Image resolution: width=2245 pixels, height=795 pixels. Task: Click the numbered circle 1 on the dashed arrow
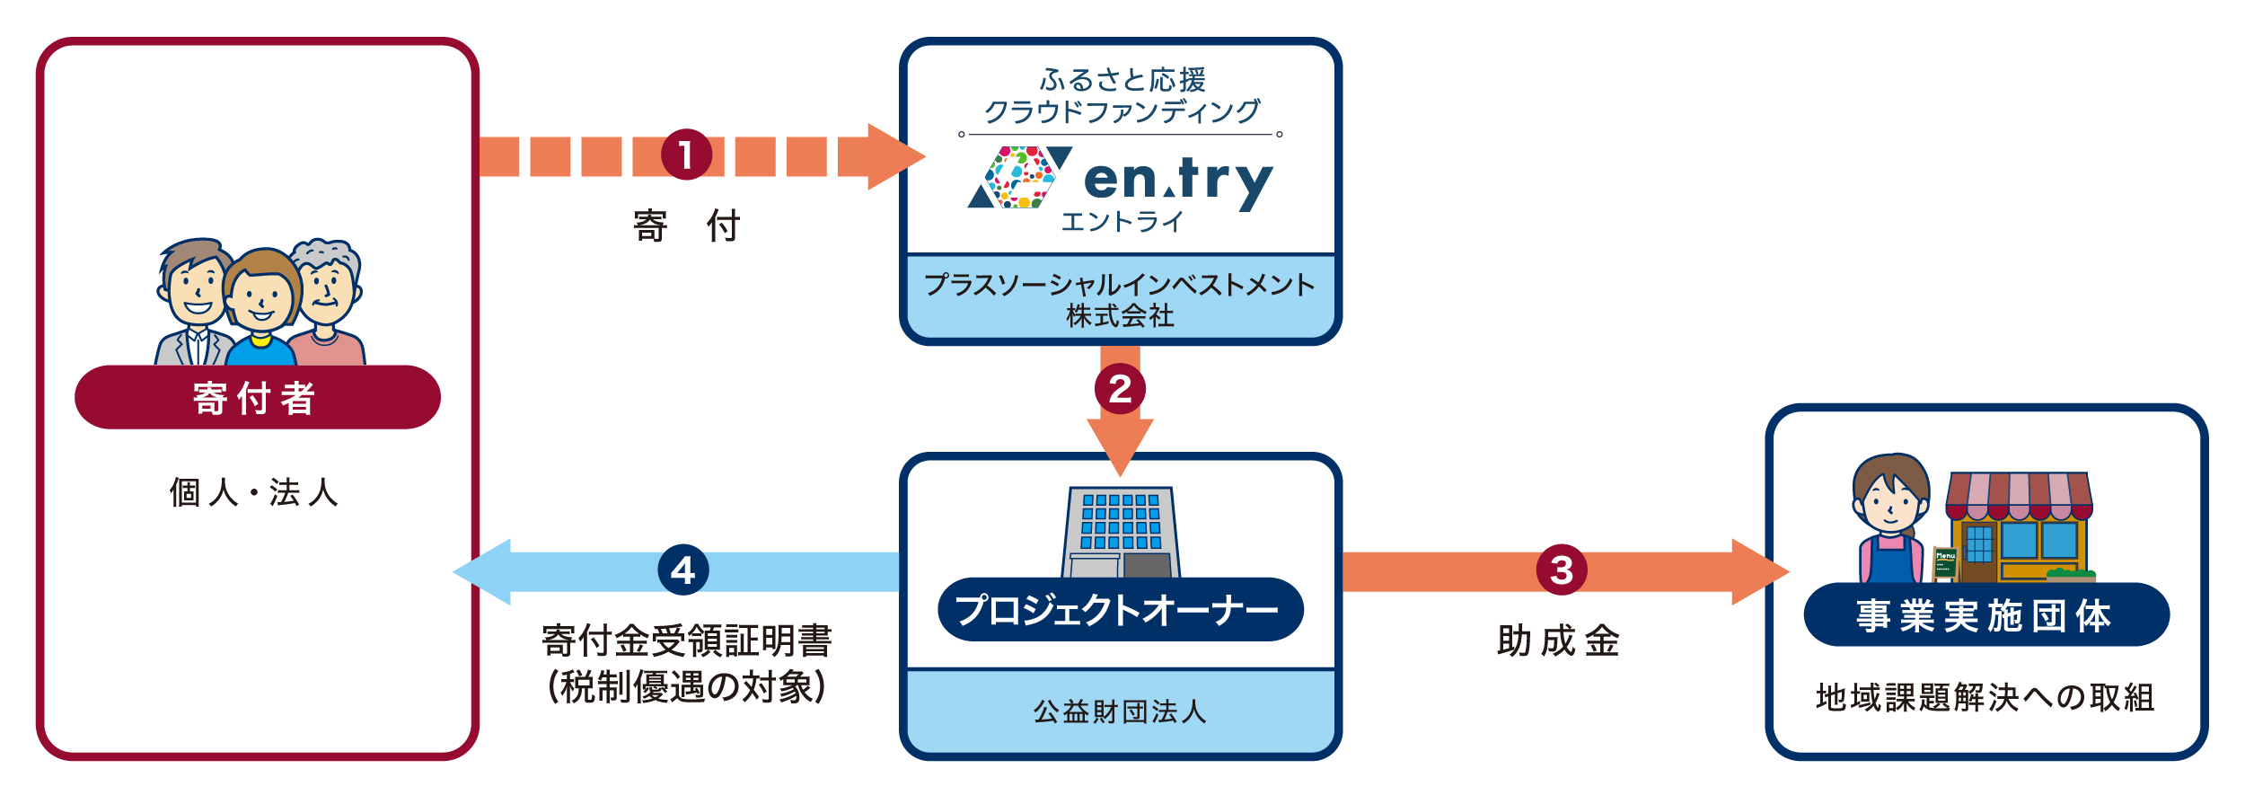coord(686,155)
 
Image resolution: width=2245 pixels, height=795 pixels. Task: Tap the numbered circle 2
coord(1120,388)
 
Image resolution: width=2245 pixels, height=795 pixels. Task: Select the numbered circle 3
coord(1562,570)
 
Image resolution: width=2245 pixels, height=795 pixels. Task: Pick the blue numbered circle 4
coord(683,570)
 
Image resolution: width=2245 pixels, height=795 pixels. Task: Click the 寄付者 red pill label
coord(257,397)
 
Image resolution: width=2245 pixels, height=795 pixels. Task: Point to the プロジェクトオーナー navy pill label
coord(1120,610)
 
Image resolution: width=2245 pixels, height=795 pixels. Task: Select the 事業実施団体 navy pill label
coord(1985,615)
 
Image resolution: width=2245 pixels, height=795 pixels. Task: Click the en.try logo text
coord(1178,180)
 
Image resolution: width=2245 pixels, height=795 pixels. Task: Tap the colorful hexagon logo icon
coord(1020,178)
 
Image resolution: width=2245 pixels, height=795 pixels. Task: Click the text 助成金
coord(1558,641)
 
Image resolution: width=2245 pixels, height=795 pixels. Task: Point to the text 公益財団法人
coord(1120,711)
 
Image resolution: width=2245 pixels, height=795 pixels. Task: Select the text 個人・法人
coord(254,492)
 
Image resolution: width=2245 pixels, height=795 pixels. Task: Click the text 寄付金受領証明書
coord(687,641)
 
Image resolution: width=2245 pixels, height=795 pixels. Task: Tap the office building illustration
coord(1120,532)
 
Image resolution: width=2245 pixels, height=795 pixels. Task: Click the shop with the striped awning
coord(2019,528)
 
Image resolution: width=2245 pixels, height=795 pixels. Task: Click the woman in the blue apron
coord(1890,521)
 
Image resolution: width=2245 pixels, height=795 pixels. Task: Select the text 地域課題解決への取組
coord(1985,697)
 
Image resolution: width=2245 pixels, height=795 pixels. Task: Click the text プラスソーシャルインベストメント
coord(1120,285)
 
